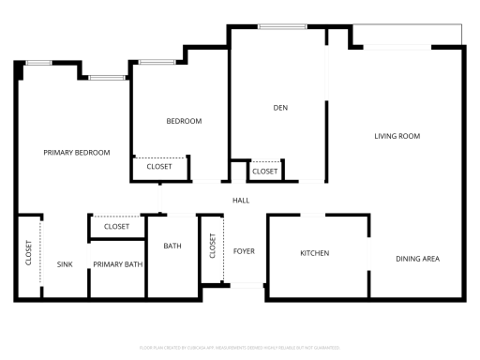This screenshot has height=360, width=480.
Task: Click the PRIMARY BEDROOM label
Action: coord(77,153)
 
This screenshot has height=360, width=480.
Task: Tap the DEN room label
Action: coord(279,108)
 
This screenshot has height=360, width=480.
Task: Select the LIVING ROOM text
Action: coord(397,137)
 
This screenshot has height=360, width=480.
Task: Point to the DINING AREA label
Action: coord(417,259)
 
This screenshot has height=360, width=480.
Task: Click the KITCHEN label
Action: coord(314,254)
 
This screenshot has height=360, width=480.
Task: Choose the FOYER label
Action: coord(244,251)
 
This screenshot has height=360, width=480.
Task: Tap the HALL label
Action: coord(241,199)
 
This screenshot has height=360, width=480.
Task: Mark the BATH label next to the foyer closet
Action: coord(172,247)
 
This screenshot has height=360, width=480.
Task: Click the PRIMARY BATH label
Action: coord(117,265)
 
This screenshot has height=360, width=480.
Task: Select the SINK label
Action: coord(65,265)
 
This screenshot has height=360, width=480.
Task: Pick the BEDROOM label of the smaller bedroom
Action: coord(184,122)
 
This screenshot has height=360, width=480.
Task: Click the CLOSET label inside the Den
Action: coord(265,172)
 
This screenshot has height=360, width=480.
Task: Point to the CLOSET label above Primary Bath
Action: coord(116,227)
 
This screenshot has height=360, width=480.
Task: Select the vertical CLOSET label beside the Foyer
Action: coord(213,248)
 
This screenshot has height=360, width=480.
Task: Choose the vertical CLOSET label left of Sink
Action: coord(28,254)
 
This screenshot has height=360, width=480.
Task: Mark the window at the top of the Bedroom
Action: coord(156,63)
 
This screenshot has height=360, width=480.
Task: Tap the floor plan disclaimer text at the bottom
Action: coord(240,347)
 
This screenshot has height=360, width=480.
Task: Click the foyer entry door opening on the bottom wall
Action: coord(247,285)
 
